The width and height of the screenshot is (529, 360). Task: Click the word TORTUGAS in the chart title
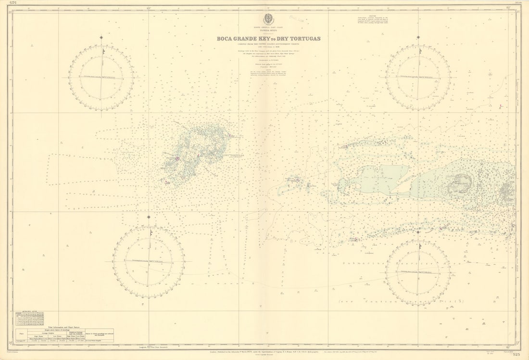pos(302,39)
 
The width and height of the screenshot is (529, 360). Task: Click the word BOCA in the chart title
pos(227,39)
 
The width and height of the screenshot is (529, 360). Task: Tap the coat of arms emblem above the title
pos(268,19)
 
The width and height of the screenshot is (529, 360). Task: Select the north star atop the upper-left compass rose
pos(101,38)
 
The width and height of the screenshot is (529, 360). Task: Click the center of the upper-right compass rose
pos(418,77)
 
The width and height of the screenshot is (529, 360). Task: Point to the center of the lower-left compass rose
pos(149,262)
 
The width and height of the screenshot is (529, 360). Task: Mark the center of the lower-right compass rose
pos(418,272)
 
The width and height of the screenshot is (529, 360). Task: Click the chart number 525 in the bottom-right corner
pos(516,355)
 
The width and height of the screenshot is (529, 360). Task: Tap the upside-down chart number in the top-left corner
pos(14,3)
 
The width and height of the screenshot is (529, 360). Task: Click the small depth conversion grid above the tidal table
pos(29,318)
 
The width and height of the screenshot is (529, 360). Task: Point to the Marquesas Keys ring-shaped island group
pos(460,183)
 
